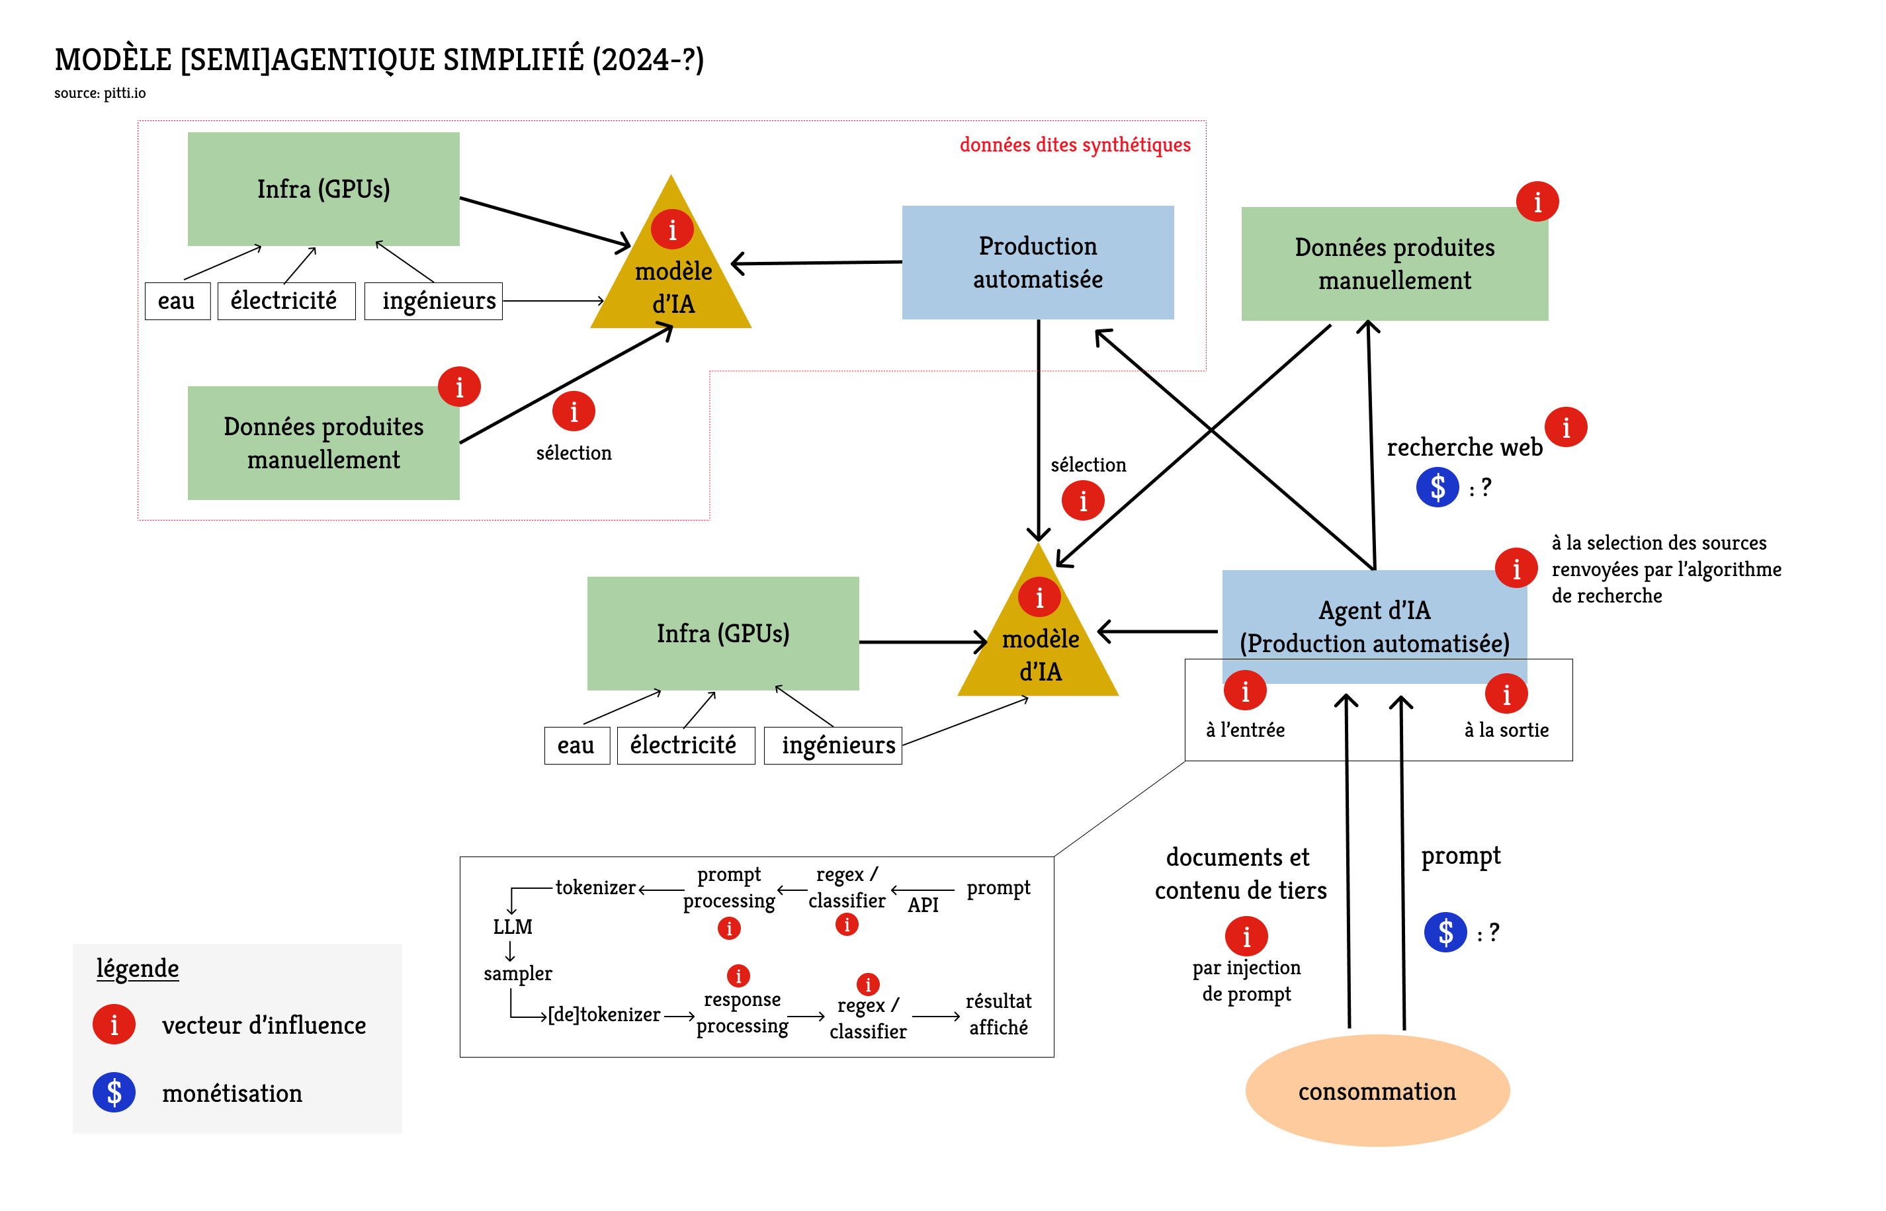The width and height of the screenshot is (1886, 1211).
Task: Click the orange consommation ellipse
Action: coord(1377,1091)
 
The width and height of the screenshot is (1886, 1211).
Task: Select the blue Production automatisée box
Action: coord(1037,262)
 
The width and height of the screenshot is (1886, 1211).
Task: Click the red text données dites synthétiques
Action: coord(1074,145)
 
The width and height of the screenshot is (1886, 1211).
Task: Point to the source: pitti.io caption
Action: coord(100,93)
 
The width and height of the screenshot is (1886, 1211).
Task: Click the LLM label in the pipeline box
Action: coord(512,927)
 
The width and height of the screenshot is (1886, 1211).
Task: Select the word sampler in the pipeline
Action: coord(517,974)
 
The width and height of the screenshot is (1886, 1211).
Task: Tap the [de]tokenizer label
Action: coord(603,1015)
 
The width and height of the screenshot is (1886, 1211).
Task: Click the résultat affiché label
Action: coord(998,1014)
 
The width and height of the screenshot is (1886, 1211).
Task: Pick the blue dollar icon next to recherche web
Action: coord(1437,487)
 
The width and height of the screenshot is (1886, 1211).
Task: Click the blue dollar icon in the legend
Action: coord(114,1092)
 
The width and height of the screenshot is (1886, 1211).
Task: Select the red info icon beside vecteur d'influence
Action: coord(114,1024)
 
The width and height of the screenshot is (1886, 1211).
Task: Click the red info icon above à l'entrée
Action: coord(1244,691)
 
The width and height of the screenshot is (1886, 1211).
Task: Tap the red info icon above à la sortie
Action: coord(1506,694)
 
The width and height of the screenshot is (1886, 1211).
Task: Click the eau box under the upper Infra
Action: coord(177,301)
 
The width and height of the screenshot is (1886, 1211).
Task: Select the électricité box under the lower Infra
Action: coord(684,745)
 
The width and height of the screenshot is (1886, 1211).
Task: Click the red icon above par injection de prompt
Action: coord(1246,937)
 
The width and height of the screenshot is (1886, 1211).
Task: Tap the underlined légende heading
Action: coord(138,968)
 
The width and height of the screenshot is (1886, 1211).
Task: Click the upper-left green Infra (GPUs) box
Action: coord(323,188)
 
